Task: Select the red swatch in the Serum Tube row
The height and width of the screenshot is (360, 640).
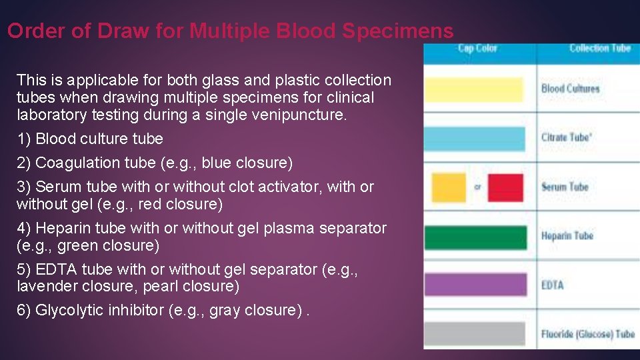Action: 505,187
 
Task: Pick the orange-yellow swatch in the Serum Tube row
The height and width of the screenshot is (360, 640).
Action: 449,187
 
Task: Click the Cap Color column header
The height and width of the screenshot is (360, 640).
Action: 477,48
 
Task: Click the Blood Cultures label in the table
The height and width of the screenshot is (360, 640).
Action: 570,89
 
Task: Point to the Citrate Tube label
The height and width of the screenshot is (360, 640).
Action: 565,137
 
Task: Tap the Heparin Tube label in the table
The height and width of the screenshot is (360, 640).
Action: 567,236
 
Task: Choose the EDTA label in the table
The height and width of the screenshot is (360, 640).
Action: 552,285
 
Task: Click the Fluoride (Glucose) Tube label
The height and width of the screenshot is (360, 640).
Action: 587,333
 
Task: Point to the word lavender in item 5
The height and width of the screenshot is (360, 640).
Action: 44,287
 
